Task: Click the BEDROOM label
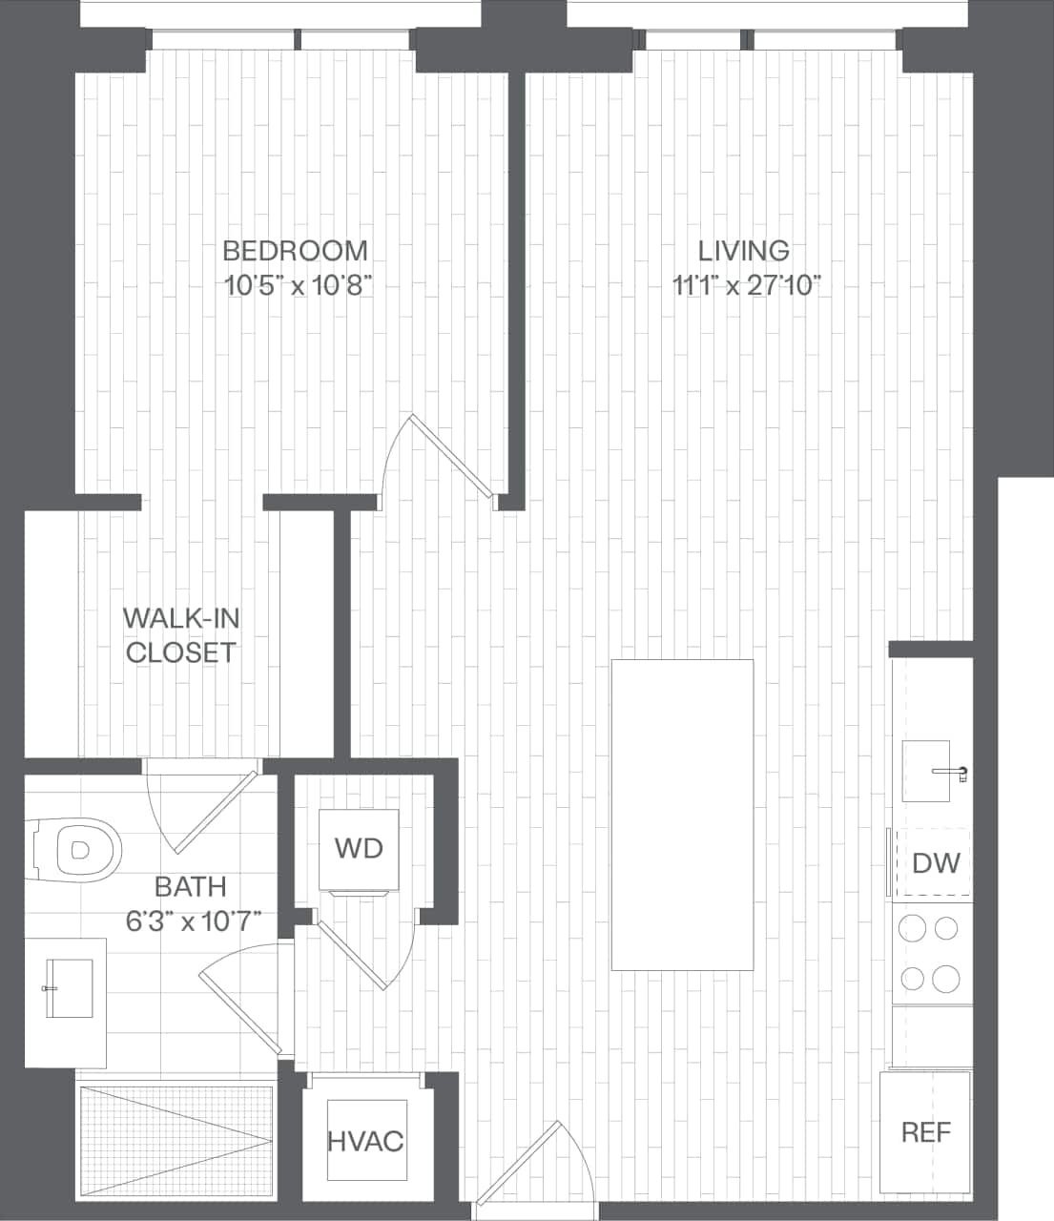click(295, 251)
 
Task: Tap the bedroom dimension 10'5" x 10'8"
click(297, 285)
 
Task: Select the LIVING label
click(743, 251)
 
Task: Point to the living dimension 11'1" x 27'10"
click(747, 285)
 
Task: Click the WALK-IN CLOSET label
click(180, 635)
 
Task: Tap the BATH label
click(191, 887)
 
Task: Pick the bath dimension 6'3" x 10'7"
click(194, 921)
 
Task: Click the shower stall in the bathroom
click(175, 1140)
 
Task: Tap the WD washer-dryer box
click(359, 848)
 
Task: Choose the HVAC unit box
click(366, 1141)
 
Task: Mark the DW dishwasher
click(935, 863)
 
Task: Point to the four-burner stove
click(931, 953)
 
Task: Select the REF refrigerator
click(925, 1132)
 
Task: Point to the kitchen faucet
click(956, 771)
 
